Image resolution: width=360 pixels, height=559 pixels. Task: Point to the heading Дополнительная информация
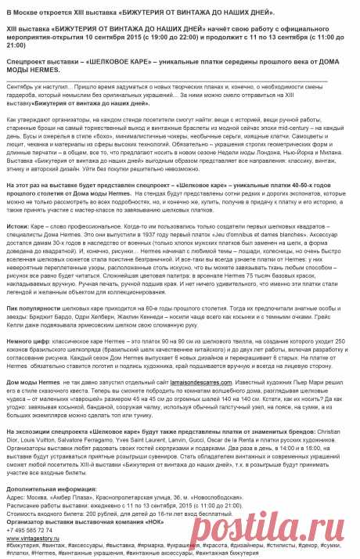pyautogui.click(x=52, y=486)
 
